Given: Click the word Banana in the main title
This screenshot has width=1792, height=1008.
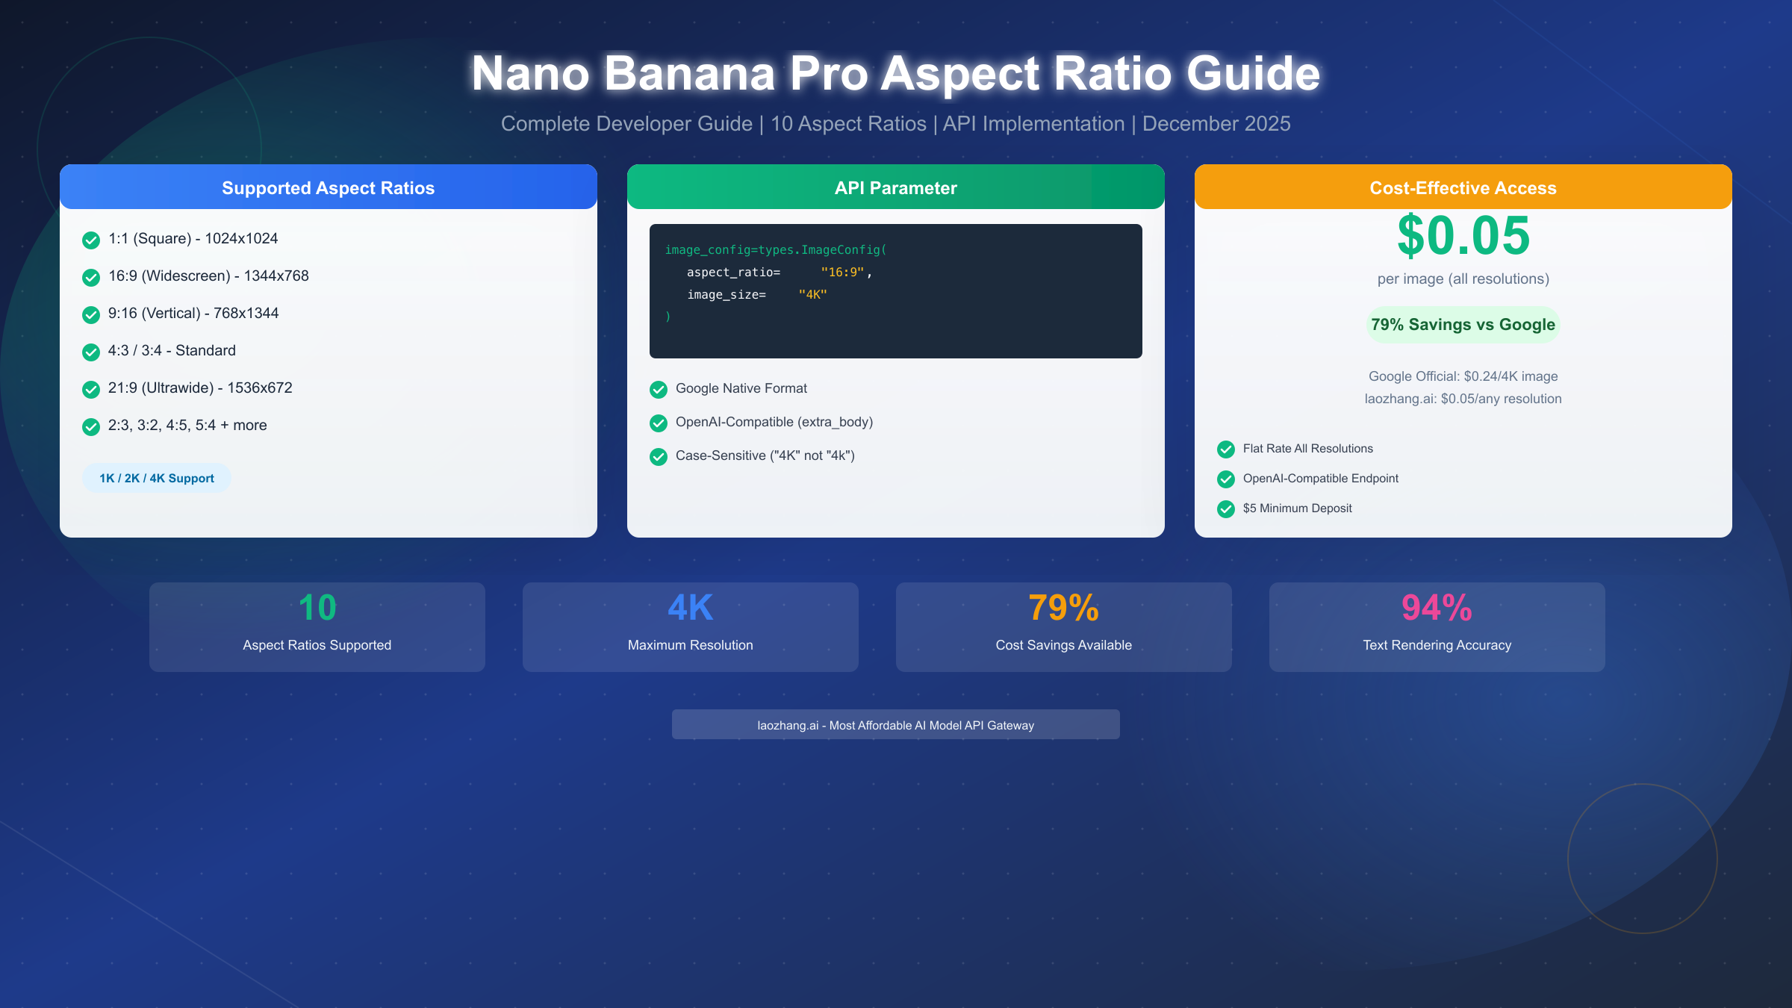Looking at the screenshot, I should [x=689, y=74].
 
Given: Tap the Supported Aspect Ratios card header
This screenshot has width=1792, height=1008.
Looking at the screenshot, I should [x=328, y=188].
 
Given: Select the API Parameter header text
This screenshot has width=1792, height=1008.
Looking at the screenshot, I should [x=895, y=188].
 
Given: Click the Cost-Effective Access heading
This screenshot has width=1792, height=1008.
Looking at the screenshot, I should [x=1463, y=188].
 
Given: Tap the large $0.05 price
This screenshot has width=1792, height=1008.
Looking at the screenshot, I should [x=1463, y=236].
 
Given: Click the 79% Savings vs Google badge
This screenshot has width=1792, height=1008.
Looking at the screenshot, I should [x=1463, y=325].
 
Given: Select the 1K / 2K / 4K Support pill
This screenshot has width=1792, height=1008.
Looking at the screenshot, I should [x=157, y=479].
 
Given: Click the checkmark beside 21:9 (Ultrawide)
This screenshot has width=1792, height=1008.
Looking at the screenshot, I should [x=91, y=389].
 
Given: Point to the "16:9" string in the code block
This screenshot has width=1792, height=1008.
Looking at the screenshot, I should [x=842, y=273].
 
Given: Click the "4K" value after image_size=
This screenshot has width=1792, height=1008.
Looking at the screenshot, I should [x=812, y=295].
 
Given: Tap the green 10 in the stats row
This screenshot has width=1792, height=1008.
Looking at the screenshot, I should [x=317, y=608].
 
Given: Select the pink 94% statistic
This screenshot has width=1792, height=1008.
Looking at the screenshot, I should [x=1437, y=608].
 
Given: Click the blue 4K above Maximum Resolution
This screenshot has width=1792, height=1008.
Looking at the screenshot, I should [x=690, y=608].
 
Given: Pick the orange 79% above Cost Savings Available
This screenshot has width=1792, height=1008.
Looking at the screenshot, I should [x=1063, y=608].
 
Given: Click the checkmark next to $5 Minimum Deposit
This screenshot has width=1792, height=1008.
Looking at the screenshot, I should [x=1226, y=509].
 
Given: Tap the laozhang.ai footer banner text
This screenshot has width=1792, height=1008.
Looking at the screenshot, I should [x=895, y=725].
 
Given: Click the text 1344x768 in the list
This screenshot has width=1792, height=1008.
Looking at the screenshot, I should [x=276, y=276].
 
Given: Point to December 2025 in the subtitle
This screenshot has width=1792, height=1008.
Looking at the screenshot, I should [x=1216, y=124].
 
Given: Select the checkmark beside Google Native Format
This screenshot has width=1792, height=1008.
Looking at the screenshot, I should [x=659, y=390].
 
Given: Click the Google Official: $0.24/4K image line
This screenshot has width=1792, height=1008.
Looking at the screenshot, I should [x=1463, y=376].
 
